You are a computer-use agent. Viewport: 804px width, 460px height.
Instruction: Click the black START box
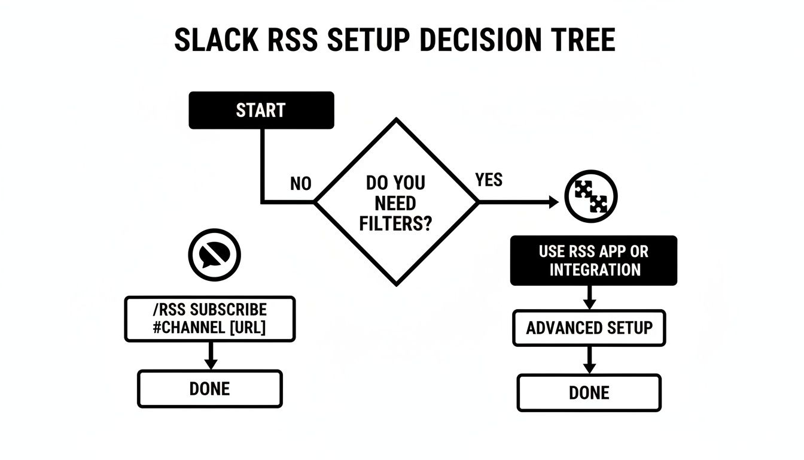pyautogui.click(x=261, y=110)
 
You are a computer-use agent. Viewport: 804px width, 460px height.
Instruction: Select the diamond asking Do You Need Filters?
pyautogui.click(x=397, y=202)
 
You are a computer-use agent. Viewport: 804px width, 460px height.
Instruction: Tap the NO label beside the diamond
pyautogui.click(x=300, y=184)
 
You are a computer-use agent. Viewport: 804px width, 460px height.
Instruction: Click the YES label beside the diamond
pyautogui.click(x=489, y=180)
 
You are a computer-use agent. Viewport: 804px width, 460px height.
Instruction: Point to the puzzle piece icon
pyautogui.click(x=590, y=196)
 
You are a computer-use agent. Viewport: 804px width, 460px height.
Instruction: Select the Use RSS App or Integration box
pyautogui.click(x=593, y=261)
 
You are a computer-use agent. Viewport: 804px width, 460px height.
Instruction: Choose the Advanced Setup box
pyautogui.click(x=589, y=328)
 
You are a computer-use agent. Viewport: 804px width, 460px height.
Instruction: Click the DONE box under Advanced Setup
pyautogui.click(x=589, y=393)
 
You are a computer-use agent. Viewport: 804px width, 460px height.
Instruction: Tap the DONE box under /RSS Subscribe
pyautogui.click(x=209, y=389)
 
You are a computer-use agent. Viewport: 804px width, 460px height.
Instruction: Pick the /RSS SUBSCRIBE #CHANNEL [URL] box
pyautogui.click(x=209, y=319)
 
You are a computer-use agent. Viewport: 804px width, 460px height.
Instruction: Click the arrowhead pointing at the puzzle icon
pyautogui.click(x=553, y=202)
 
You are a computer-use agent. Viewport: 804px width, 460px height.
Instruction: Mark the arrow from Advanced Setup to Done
pyautogui.click(x=589, y=361)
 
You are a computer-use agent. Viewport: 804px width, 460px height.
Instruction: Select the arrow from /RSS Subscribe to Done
pyautogui.click(x=209, y=357)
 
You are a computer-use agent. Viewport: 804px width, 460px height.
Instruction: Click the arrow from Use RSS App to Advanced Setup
pyautogui.click(x=589, y=298)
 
